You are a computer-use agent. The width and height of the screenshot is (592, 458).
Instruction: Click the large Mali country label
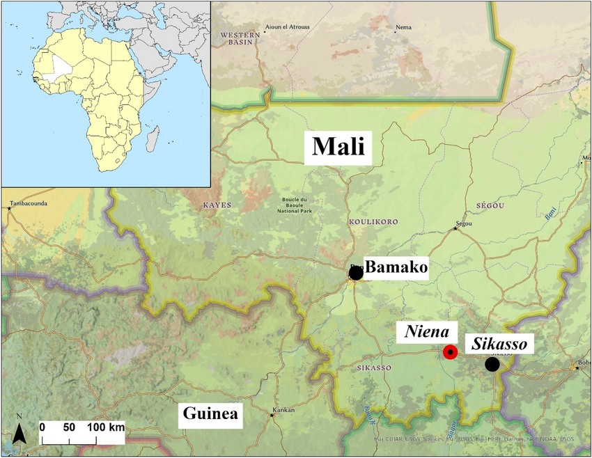338,147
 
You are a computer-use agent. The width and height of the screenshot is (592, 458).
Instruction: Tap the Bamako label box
396,267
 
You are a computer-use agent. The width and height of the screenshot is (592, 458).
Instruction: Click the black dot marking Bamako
355,273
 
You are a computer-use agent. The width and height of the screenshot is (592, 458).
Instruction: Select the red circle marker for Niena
450,353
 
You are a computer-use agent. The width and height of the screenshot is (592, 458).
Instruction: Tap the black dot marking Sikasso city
492,364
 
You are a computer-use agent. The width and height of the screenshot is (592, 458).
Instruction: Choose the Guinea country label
210,416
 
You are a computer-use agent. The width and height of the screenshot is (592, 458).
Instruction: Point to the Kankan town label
283,410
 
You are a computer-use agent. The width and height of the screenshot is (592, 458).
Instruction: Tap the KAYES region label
216,205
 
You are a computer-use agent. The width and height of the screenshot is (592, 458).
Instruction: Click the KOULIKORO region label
373,221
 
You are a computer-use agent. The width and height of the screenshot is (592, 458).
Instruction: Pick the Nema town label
403,29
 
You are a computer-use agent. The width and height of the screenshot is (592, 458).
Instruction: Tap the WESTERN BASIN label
235,38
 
